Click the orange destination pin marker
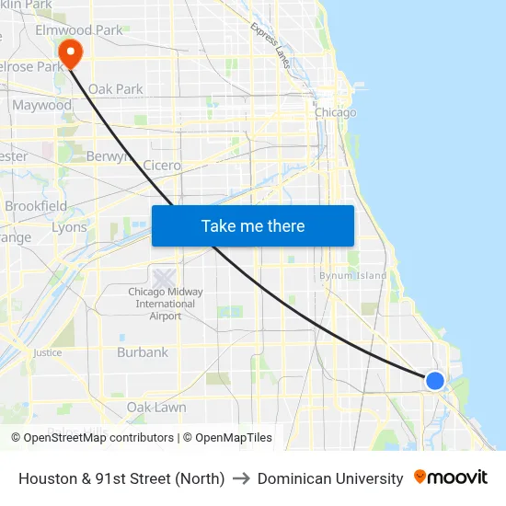tap(69, 52)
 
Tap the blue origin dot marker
tap(435, 380)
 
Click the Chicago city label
tap(335, 112)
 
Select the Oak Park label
tap(116, 89)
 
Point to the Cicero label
tap(162, 166)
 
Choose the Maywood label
tap(41, 105)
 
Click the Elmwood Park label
tap(78, 30)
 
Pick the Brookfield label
tap(36, 206)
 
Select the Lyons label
tap(69, 227)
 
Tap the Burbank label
tap(143, 352)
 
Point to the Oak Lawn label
tap(156, 408)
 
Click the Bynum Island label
tap(352, 275)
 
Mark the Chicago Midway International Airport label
tap(166, 305)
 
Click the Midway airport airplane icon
tap(165, 277)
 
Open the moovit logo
tap(451, 477)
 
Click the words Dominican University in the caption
tap(330, 478)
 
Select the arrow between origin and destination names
tap(241, 478)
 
